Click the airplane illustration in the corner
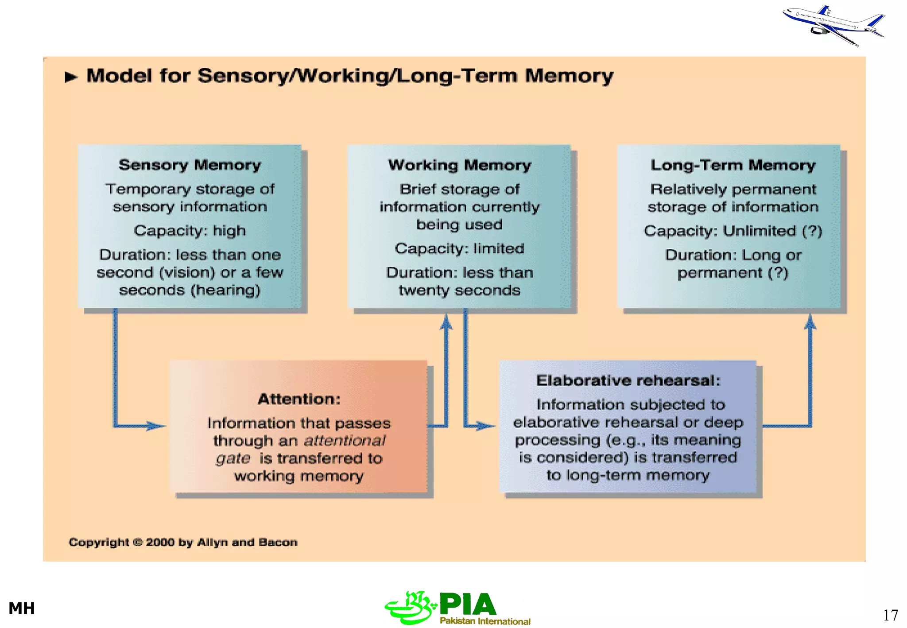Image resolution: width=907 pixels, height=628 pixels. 833,25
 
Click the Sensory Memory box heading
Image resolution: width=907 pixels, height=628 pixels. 190,165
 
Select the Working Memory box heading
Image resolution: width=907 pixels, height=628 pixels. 459,165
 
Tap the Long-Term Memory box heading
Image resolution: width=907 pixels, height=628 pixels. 733,165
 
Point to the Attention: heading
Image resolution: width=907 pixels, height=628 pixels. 299,399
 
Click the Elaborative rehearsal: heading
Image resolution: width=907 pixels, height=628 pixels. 628,380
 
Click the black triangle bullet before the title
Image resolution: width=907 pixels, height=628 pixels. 71,77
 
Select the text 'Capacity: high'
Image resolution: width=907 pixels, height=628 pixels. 190,231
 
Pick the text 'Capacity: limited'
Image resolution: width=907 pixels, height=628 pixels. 459,248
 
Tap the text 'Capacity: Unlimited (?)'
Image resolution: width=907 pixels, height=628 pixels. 733,231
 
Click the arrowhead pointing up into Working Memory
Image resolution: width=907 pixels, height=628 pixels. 446,322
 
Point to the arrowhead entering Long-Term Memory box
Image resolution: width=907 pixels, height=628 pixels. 810,322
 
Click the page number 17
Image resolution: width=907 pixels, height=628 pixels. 890,615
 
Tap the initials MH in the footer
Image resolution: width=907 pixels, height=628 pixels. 22,609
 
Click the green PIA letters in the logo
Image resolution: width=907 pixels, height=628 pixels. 468,605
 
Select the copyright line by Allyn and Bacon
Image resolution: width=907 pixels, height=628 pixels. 183,542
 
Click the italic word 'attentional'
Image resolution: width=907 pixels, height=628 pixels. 345,441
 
